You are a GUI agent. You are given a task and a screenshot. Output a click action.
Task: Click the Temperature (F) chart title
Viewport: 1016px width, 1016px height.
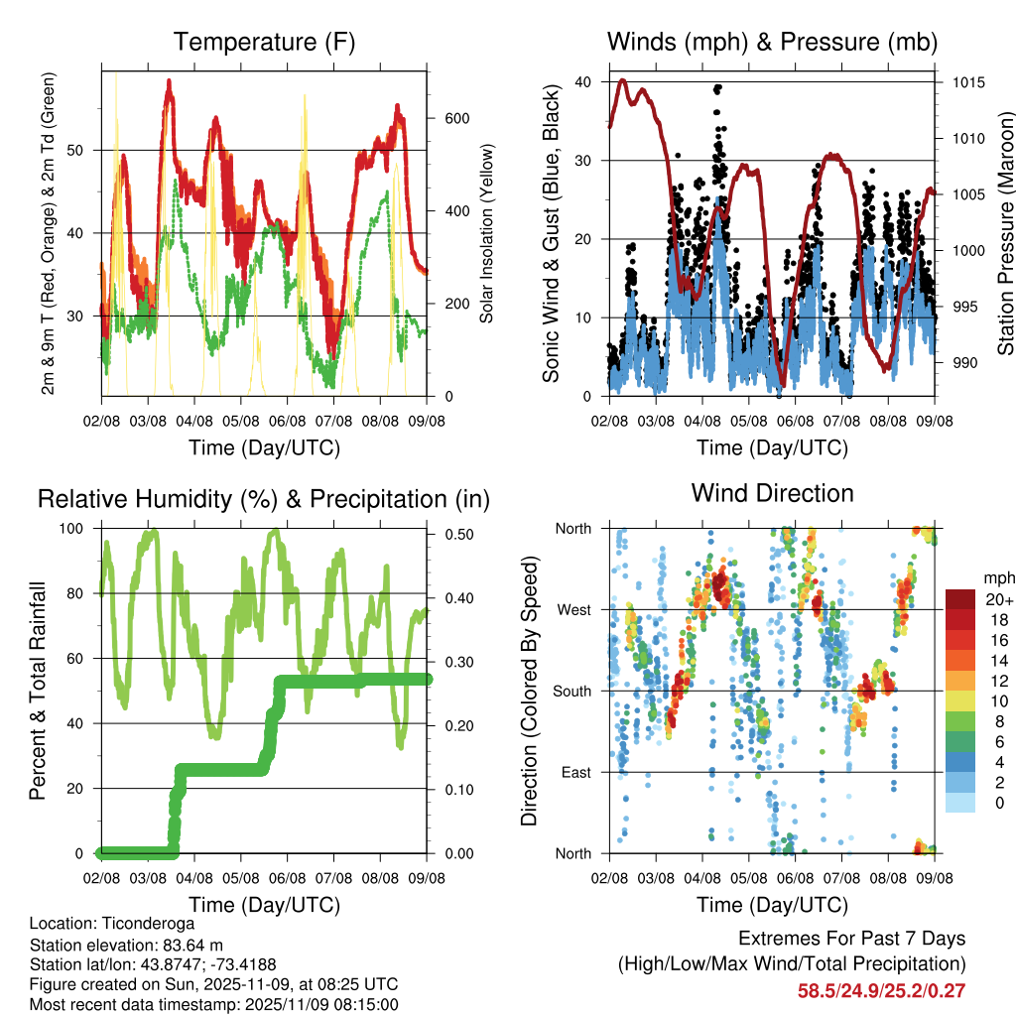pos(264,43)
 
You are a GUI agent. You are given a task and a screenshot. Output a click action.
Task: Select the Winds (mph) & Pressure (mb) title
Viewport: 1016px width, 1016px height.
pos(772,43)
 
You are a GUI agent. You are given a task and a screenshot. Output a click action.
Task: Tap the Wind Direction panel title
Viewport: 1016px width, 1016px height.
pos(772,493)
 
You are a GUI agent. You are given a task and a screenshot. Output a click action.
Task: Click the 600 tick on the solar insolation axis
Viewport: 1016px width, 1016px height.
pos(456,119)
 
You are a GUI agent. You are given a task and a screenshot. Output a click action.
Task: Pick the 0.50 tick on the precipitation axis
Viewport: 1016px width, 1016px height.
pos(458,535)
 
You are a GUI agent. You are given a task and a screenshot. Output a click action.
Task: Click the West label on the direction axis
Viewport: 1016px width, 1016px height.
pos(574,609)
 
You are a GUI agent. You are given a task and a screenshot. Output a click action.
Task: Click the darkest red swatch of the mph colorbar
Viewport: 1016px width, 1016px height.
pos(959,600)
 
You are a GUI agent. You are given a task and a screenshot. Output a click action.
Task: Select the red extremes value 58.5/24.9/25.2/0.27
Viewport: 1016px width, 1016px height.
pos(881,990)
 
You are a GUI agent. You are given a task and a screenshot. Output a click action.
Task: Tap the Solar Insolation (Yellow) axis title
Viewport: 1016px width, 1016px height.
pos(487,234)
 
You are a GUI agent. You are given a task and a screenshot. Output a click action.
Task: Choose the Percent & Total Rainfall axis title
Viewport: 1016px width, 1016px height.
pos(37,691)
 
